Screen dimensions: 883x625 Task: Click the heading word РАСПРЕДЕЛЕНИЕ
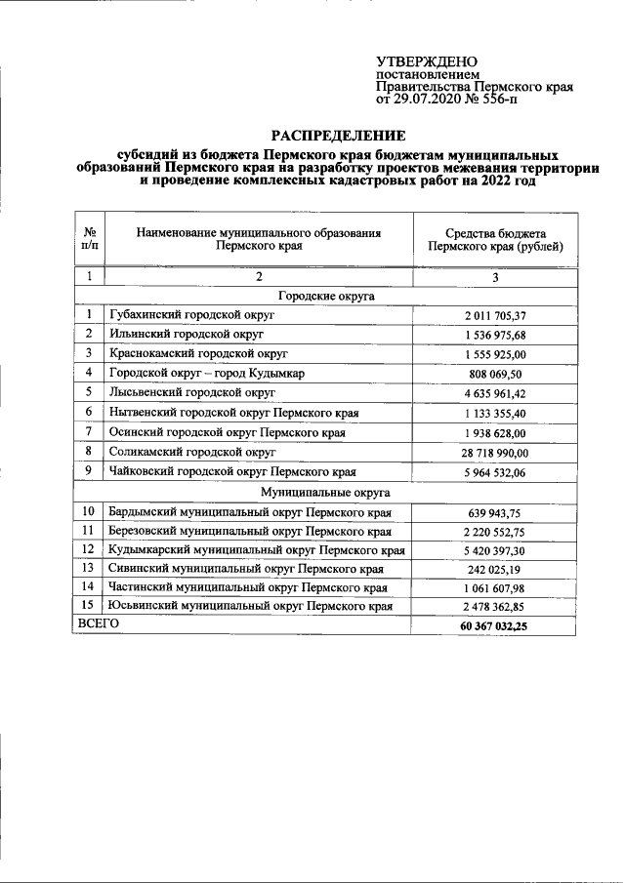tap(337, 136)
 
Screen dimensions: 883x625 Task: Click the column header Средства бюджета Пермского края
tap(495, 239)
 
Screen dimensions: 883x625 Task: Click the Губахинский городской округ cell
tap(193, 315)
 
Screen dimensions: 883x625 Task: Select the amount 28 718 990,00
tap(495, 453)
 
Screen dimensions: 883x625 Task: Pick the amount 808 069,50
tap(495, 374)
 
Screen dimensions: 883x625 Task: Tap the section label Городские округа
tap(326, 296)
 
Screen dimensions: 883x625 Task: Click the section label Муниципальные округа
tap(326, 493)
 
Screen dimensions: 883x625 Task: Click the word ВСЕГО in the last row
tap(98, 622)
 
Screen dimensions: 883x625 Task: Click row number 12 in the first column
tap(89, 549)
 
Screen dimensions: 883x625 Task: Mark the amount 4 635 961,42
tap(495, 393)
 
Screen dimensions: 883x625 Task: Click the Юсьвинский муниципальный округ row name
tap(251, 606)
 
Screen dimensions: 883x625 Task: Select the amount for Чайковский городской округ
tap(495, 472)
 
